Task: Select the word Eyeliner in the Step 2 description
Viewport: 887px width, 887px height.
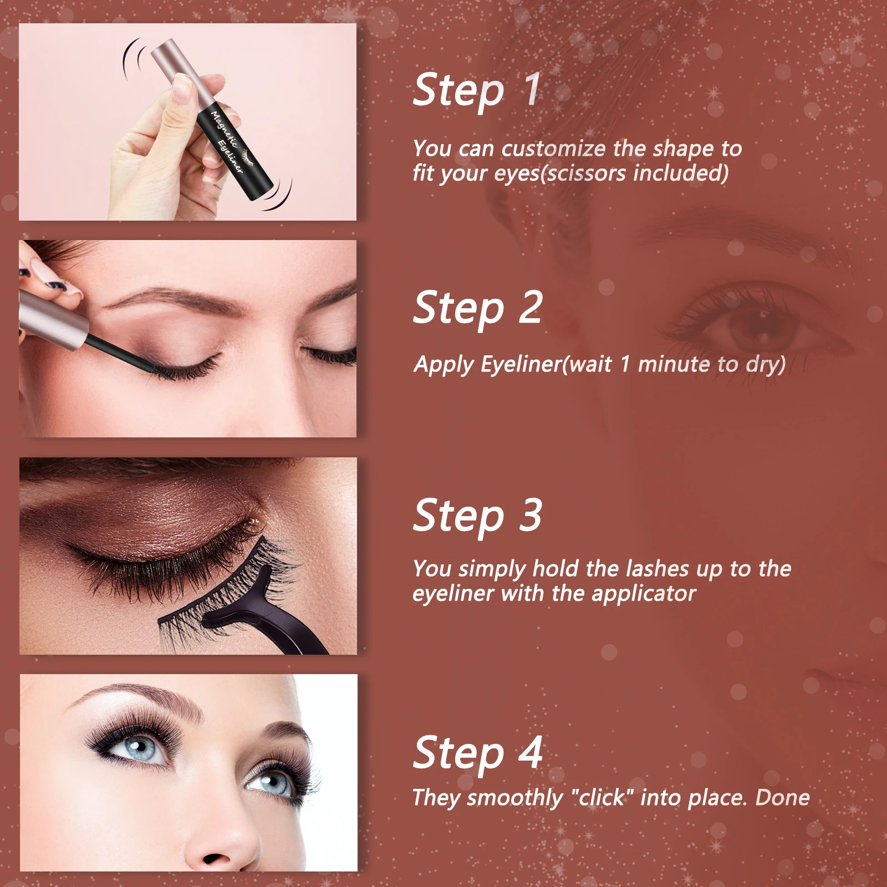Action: (x=521, y=364)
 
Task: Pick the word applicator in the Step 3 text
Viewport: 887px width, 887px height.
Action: (x=643, y=594)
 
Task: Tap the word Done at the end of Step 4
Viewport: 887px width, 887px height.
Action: (x=782, y=797)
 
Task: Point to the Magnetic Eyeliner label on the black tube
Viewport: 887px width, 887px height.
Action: (x=227, y=141)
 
